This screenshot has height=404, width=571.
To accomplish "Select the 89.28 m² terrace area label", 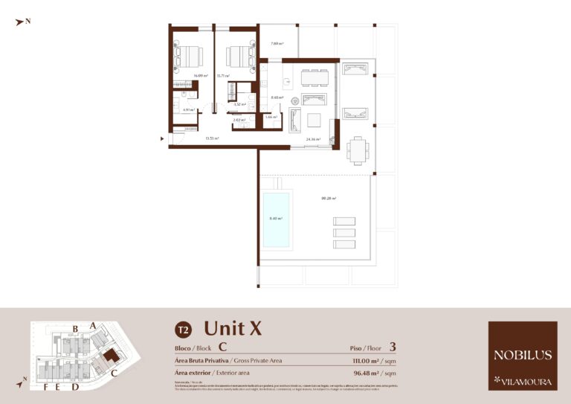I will tap(328, 199).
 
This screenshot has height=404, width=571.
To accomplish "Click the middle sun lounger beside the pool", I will tap(344, 232).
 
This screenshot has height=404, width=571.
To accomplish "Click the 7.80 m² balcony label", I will tap(277, 44).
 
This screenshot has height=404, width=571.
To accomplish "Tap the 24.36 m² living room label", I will tap(313, 139).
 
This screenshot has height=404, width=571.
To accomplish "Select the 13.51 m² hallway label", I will tap(212, 138).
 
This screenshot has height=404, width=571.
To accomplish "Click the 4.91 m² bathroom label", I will tap(188, 109).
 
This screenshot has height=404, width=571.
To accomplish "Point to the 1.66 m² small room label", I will tap(271, 117).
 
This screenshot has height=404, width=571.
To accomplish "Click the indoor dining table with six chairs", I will tap(314, 77).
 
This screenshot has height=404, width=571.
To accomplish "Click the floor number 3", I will tap(392, 347).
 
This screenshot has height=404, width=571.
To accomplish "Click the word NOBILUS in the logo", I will tap(522, 356).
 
